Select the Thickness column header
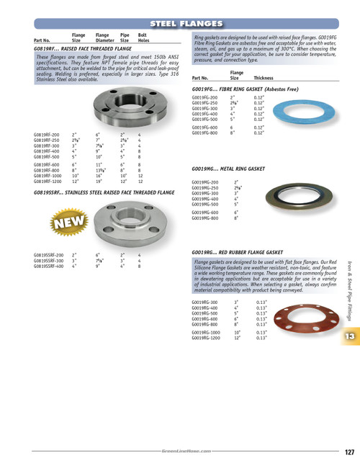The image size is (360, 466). pos(264,77)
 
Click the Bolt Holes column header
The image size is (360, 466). pos(144,37)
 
